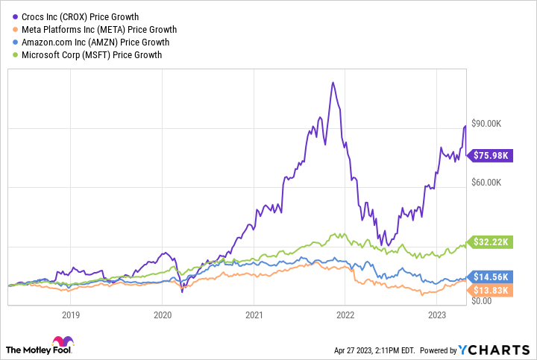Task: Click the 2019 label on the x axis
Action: [x=71, y=315]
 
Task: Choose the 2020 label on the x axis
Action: [x=163, y=315]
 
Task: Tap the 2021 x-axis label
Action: [x=254, y=315]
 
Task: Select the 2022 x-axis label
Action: [x=345, y=315]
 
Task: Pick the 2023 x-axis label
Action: [x=437, y=315]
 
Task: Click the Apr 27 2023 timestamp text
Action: [x=365, y=350]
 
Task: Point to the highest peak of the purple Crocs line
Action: [x=333, y=82]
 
